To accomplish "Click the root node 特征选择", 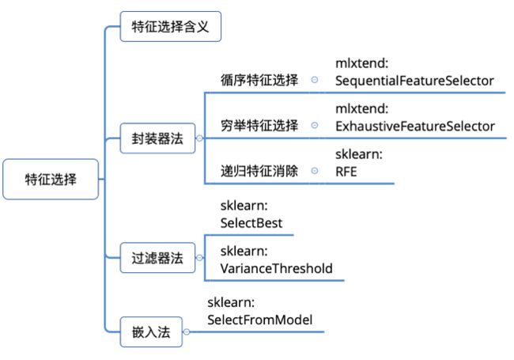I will pyautogui.click(x=51, y=180).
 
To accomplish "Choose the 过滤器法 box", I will pyautogui.click(x=157, y=256).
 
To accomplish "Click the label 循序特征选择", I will pyautogui.click(x=259, y=80).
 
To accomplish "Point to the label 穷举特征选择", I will pyautogui.click(x=259, y=125).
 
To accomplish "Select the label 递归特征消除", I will pyautogui.click(x=259, y=171).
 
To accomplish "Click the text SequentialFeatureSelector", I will pyautogui.click(x=414, y=81).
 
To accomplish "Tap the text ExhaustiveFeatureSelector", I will pyautogui.click(x=414, y=126).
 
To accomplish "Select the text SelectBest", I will pyautogui.click(x=251, y=223).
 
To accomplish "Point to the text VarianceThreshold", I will pyautogui.click(x=276, y=268).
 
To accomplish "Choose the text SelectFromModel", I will pyautogui.click(x=260, y=320).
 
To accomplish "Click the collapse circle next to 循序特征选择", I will pyautogui.click(x=315, y=80).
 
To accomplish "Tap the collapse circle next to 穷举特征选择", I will pyautogui.click(x=315, y=125).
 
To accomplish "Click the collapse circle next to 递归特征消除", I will pyautogui.click(x=315, y=171).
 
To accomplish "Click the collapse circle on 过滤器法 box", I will pyautogui.click(x=198, y=256).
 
